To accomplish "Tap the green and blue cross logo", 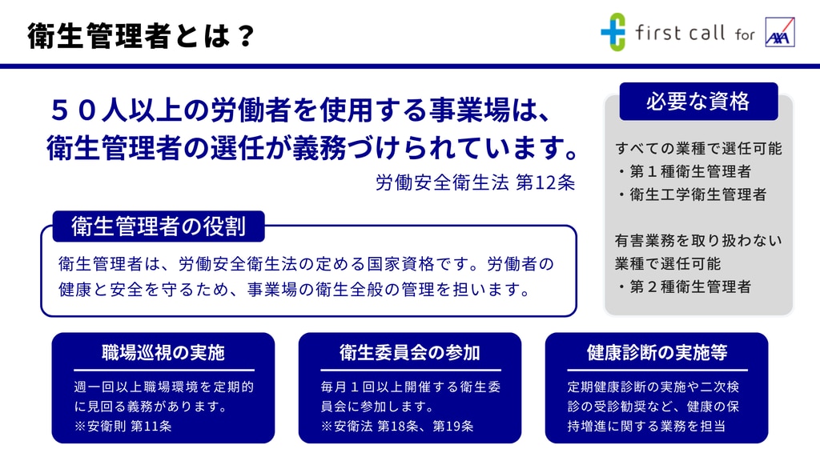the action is point(613,32).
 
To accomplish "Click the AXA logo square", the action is point(780,32).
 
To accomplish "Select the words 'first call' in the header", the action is point(680,33).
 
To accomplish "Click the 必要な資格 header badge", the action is point(698,102).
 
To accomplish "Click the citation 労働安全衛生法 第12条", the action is point(476,182).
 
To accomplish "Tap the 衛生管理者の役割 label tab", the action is point(159,226).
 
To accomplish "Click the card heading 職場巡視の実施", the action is point(163,353).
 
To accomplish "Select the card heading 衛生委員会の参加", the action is point(410,353).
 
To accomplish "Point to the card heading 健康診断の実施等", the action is point(657,353).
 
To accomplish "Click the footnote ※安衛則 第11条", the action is point(123,426).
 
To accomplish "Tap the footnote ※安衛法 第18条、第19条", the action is point(397,426).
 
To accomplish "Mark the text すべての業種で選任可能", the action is point(698,148).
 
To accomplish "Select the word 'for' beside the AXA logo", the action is point(745,34).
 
